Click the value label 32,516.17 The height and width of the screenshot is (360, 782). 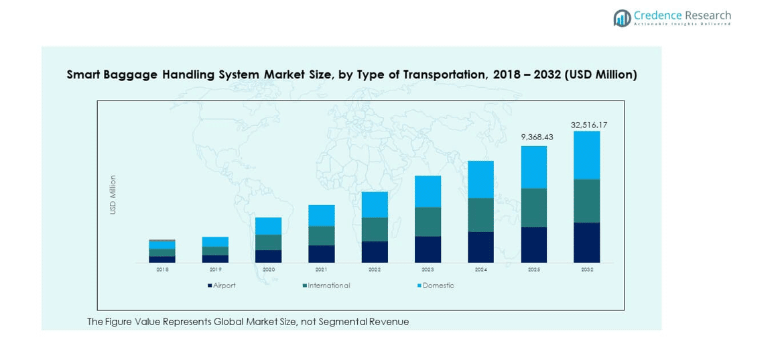coord(589,125)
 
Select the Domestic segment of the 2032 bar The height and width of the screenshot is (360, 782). coord(586,155)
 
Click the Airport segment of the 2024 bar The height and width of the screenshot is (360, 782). coord(480,247)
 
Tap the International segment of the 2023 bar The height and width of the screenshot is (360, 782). coord(428,221)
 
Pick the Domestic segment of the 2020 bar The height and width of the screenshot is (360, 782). coord(268,226)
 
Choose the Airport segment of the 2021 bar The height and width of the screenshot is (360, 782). coord(321,253)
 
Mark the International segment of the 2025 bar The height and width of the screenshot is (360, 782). coord(533,208)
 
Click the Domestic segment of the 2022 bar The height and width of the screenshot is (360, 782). coord(375,204)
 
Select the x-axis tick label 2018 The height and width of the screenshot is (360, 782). coord(162,269)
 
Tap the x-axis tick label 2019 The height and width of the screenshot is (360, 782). coord(215,269)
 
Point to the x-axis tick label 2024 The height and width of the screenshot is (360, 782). coord(480,269)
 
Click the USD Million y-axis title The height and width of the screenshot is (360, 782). coord(113,194)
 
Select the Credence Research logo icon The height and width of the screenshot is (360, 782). coord(622,18)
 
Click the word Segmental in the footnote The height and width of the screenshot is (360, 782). coord(348,322)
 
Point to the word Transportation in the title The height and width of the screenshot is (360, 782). coord(444,75)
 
